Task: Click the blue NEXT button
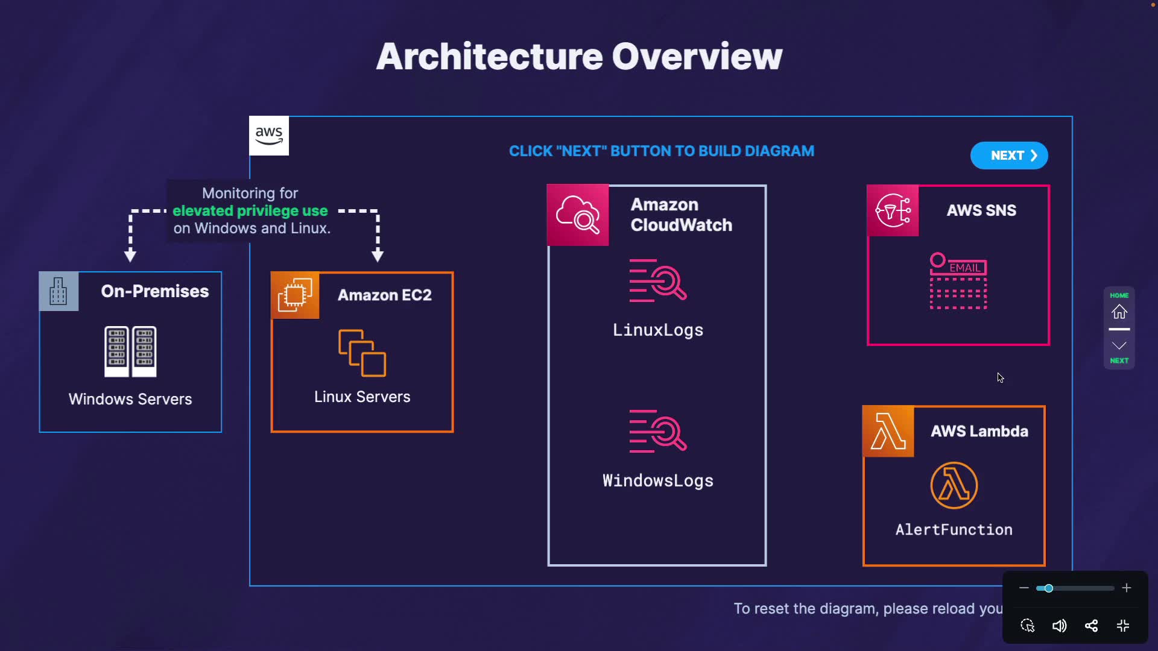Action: click(x=1009, y=156)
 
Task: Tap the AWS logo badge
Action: click(x=269, y=136)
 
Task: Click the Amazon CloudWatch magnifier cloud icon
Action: click(x=578, y=215)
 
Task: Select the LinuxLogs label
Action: click(x=658, y=330)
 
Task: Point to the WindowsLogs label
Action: click(x=658, y=481)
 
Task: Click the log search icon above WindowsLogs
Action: click(x=658, y=431)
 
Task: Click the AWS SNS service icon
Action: click(x=893, y=210)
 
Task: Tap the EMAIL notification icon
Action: click(x=958, y=281)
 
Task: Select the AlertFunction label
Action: click(x=954, y=530)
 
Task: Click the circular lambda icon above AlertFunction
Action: click(x=954, y=485)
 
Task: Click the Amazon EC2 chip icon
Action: click(x=295, y=295)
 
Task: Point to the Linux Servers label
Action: click(x=362, y=397)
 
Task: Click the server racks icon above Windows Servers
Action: click(x=130, y=351)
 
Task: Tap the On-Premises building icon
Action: click(x=59, y=291)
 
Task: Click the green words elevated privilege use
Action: click(x=250, y=211)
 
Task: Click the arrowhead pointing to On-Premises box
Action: click(x=130, y=256)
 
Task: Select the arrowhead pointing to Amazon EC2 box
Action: click(x=378, y=256)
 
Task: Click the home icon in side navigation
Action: click(x=1119, y=312)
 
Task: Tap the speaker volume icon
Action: click(x=1059, y=626)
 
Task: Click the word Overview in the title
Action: click(x=697, y=57)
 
